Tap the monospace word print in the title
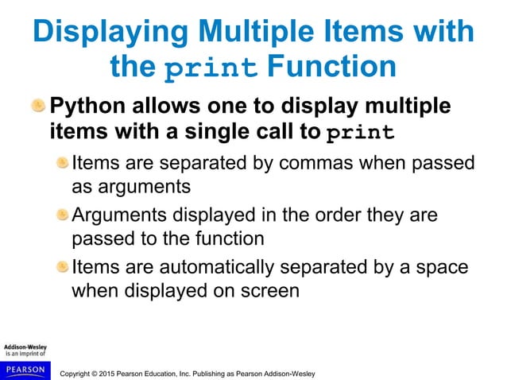[x=213, y=68]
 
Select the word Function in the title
[x=332, y=67]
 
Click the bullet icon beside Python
[x=39, y=107]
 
